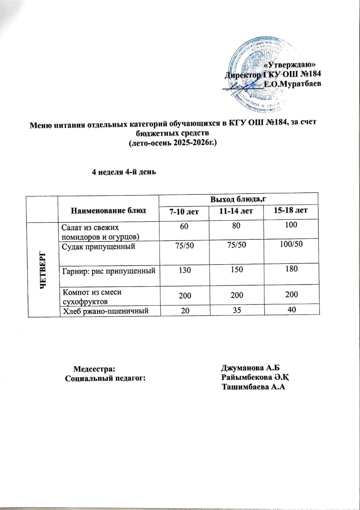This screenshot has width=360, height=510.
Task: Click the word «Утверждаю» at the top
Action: [x=290, y=65]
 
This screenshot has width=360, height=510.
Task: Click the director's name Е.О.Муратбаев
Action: [x=292, y=84]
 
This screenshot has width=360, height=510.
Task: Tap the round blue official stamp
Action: [x=258, y=75]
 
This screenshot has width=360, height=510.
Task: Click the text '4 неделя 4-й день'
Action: [x=124, y=172]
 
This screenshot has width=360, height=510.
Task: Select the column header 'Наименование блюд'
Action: [x=108, y=210]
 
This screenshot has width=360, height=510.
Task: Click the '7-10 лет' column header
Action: [x=184, y=211]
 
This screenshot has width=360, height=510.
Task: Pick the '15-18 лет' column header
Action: [x=291, y=210]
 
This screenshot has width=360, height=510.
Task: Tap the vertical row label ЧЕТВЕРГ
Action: [x=43, y=270]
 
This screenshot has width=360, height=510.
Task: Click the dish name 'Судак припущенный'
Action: [x=98, y=246]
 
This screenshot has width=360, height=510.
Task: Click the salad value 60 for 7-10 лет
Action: [x=184, y=226]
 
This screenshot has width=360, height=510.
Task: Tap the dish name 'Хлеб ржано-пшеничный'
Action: [x=105, y=310]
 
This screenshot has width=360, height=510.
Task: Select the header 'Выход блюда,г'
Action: [x=238, y=199]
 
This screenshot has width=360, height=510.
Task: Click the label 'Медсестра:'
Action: [x=94, y=369]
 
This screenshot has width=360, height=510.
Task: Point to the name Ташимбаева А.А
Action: [x=253, y=387]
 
